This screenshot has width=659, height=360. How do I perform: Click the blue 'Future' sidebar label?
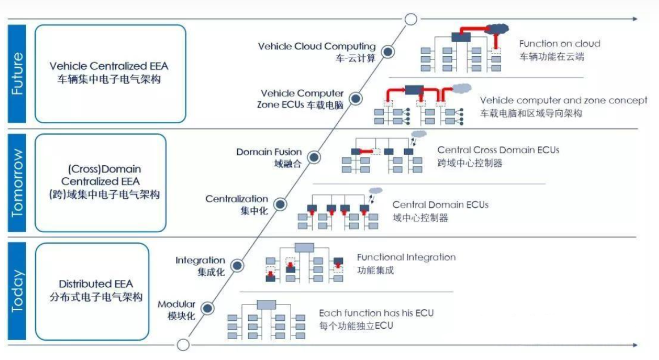(17, 74)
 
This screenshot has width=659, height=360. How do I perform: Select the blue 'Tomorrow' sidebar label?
(17, 183)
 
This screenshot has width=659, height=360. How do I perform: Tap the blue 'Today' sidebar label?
(17, 291)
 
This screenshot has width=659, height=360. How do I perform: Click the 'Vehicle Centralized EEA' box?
(110, 74)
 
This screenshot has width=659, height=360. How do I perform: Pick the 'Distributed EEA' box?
(93, 291)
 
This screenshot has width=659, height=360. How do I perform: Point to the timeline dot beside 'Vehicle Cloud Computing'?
(388, 52)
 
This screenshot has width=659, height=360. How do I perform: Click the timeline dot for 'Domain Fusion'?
(313, 157)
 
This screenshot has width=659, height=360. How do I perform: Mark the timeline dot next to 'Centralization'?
(280, 204)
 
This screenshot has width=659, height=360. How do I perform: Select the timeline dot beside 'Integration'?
(237, 265)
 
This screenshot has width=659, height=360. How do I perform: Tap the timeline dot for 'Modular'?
(207, 309)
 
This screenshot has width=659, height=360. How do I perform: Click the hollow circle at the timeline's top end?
(410, 19)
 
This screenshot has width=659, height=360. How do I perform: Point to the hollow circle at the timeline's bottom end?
(183, 345)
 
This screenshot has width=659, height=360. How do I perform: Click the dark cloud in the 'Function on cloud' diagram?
(496, 28)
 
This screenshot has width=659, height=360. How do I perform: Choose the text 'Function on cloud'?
(560, 44)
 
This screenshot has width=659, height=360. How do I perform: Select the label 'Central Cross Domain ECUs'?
(498, 150)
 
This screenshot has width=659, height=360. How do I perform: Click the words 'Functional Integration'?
(406, 257)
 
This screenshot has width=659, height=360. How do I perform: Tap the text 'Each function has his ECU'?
(376, 313)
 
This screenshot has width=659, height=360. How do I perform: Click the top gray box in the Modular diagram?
(266, 304)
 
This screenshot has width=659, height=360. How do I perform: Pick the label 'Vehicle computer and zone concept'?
(564, 101)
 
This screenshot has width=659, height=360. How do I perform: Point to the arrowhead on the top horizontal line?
(635, 19)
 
